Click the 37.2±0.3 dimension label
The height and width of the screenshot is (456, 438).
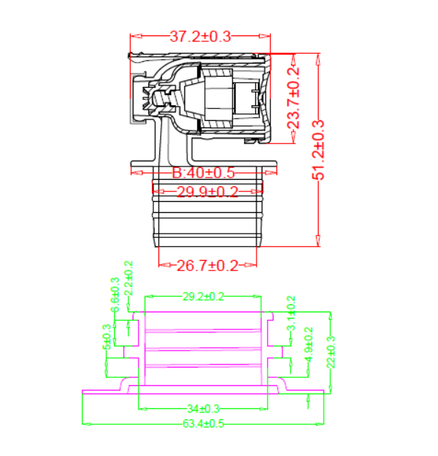tap(201, 35)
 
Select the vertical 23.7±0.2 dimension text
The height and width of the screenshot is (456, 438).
tap(294, 97)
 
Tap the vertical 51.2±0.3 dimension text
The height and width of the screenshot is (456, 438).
tap(319, 150)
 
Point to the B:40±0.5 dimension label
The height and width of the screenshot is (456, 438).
tap(203, 173)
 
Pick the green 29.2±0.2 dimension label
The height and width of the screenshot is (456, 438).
tap(203, 296)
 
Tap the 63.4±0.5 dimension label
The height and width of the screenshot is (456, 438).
tap(203, 424)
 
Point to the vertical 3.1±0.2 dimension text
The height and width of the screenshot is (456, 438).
tap(291, 314)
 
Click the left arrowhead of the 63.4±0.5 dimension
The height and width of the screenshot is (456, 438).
tap(85, 424)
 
